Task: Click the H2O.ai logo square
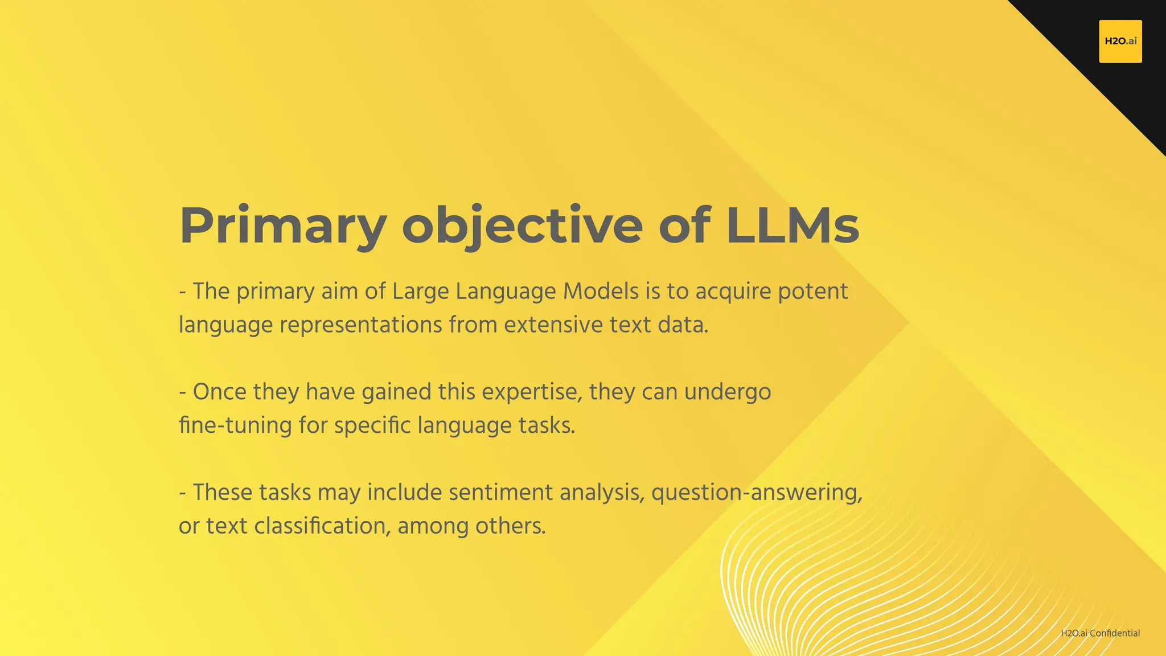pos(1120,41)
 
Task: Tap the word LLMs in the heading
pos(793,226)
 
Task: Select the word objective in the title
pos(522,226)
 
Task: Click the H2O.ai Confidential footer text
pos(1100,633)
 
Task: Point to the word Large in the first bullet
pos(417,292)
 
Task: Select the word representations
pos(361,325)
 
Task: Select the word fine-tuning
pos(235,425)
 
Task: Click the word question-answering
pos(757,493)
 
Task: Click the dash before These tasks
pos(183,493)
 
